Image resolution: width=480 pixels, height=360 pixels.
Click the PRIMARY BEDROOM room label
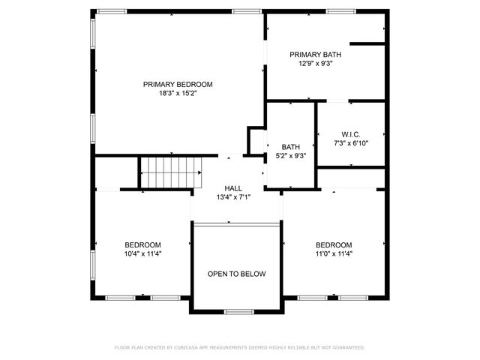(178, 85)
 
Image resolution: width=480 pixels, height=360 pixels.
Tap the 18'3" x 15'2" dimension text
(178, 94)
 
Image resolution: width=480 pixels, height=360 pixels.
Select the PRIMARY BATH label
(316, 55)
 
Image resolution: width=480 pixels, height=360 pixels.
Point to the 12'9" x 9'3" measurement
(316, 64)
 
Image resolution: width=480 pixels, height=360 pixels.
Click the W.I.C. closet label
(351, 133)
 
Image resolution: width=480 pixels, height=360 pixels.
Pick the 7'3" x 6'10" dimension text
(351, 142)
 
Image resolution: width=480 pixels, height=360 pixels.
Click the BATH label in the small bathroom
(290, 147)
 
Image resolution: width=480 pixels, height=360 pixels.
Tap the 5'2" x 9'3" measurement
(290, 156)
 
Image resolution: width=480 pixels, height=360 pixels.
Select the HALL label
(233, 187)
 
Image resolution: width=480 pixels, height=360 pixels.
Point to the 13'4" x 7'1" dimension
(233, 196)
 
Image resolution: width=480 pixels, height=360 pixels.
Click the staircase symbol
(172, 172)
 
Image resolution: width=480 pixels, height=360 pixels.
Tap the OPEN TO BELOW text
(236, 274)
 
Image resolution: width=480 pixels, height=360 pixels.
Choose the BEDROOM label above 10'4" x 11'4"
(142, 245)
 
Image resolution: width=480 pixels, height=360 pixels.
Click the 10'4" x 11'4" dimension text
(142, 254)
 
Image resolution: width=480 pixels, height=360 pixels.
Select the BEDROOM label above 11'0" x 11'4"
(334, 245)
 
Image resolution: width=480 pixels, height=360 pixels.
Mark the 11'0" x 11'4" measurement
(334, 254)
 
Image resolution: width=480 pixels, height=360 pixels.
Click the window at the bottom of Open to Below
(240, 311)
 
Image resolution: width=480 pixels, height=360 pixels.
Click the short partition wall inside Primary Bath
(367, 43)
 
